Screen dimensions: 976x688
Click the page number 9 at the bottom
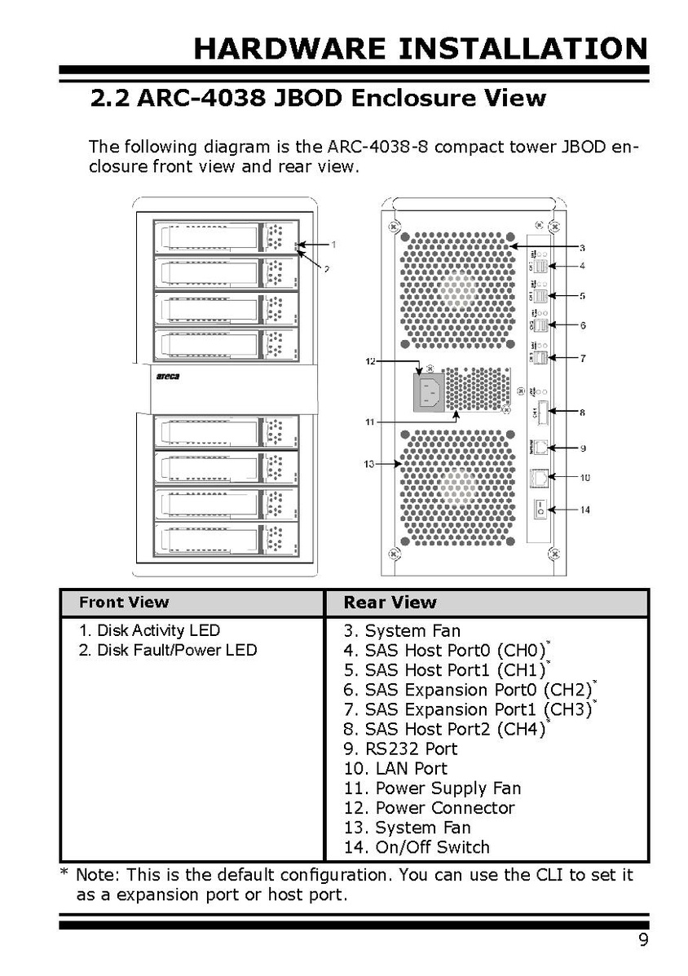click(643, 941)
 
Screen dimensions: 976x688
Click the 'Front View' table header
click(124, 603)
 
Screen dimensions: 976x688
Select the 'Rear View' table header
click(390, 603)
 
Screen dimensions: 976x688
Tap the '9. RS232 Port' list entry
click(400, 749)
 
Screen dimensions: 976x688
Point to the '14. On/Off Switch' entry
click(417, 847)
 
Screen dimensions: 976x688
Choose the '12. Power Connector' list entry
click(429, 808)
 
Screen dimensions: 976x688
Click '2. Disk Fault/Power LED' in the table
click(168, 650)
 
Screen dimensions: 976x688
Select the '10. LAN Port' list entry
click(395, 768)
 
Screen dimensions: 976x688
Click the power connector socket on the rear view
click(432, 393)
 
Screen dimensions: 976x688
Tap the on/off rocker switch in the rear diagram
click(539, 509)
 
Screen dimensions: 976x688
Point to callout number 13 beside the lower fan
click(369, 464)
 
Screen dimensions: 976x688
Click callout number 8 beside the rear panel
click(582, 413)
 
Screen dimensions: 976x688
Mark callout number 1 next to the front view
click(333, 244)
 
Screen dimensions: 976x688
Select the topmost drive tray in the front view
click(226, 237)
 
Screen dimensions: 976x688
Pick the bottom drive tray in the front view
click(226, 540)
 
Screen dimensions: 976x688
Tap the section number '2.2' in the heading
click(110, 99)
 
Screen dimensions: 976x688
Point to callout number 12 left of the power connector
click(371, 360)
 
